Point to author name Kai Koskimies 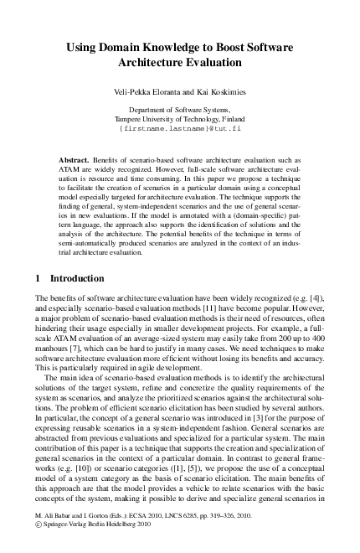217,90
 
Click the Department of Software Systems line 180,110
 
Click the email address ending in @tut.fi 180,130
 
